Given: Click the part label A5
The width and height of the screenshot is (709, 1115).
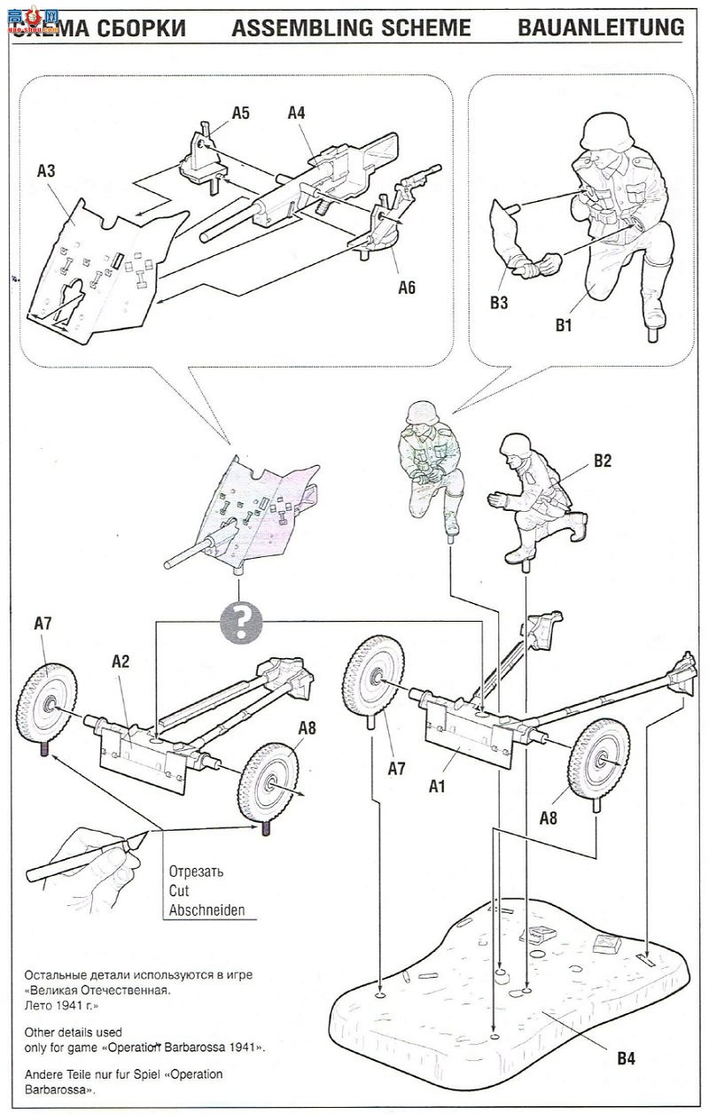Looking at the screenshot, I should pyautogui.click(x=241, y=113).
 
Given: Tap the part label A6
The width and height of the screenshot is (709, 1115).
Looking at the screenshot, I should pyautogui.click(x=406, y=287).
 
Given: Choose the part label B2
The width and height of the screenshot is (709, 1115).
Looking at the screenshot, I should pyautogui.click(x=603, y=461).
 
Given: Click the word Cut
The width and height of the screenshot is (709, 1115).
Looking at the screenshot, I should pyautogui.click(x=178, y=891).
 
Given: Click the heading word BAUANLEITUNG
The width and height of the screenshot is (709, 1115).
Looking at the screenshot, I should pyautogui.click(x=602, y=27).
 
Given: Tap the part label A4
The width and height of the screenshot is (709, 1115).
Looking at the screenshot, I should pyautogui.click(x=297, y=113).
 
